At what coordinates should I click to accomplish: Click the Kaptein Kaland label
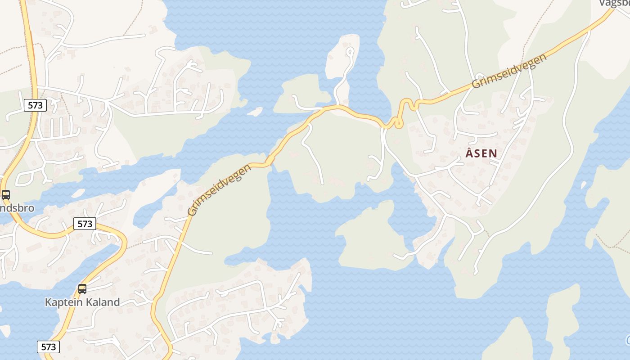click(x=82, y=302)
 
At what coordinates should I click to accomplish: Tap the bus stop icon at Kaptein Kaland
click(x=82, y=289)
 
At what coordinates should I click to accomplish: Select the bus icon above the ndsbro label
click(x=6, y=195)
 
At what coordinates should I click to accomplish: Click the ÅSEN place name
click(x=481, y=153)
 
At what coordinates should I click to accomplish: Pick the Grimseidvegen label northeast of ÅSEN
click(x=509, y=71)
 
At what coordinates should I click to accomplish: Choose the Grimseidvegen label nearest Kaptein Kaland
click(x=219, y=190)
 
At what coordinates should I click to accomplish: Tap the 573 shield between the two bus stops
click(x=85, y=224)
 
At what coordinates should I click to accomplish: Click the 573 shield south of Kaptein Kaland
click(x=48, y=346)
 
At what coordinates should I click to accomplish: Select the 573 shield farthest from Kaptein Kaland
click(x=35, y=105)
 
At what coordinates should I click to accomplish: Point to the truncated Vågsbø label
click(x=615, y=4)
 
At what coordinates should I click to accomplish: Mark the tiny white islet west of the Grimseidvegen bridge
click(x=255, y=111)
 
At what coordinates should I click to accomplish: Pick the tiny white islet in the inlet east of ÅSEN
click(x=584, y=185)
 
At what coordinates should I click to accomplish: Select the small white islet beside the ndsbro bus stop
click(x=77, y=193)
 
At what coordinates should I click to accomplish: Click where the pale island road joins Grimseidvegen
click(x=337, y=107)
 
